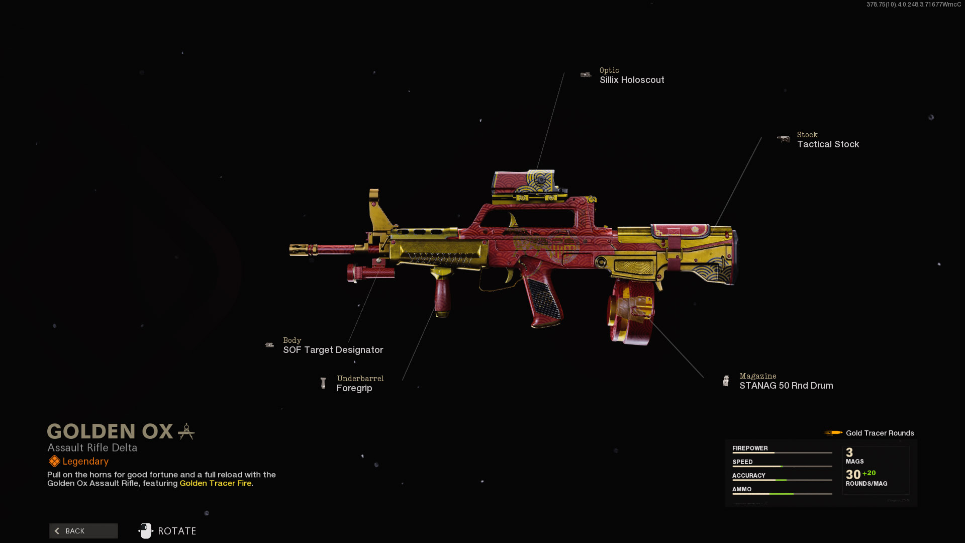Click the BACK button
pyautogui.click(x=83, y=531)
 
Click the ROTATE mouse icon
pyautogui.click(x=146, y=531)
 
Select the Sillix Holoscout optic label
pyautogui.click(x=631, y=80)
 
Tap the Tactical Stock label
pyautogui.click(x=828, y=144)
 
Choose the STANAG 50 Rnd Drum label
pyautogui.click(x=786, y=386)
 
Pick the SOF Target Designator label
pyautogui.click(x=333, y=350)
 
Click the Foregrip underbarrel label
pyautogui.click(x=354, y=388)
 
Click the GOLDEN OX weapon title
pyautogui.click(x=110, y=431)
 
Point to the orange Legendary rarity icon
pyautogui.click(x=54, y=461)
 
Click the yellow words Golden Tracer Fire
pyautogui.click(x=216, y=483)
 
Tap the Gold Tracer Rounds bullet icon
pyautogui.click(x=833, y=433)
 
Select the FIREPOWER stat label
pyautogui.click(x=750, y=448)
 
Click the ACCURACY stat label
pyautogui.click(x=748, y=475)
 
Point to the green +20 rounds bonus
pyautogui.click(x=869, y=473)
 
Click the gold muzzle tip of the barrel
pyautogui.click(x=299, y=250)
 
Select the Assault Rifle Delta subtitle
pyautogui.click(x=92, y=447)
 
